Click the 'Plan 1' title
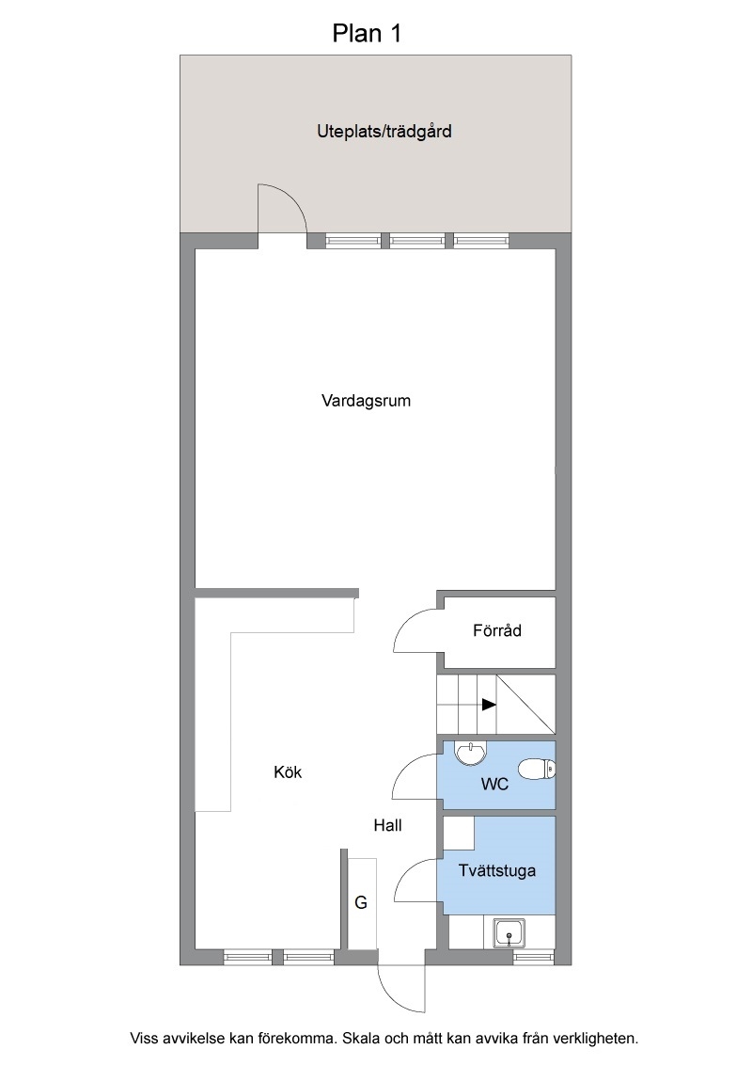(367, 33)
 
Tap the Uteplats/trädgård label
(384, 131)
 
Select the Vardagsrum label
(366, 401)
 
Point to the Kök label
(288, 772)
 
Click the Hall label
(387, 825)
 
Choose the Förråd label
(497, 630)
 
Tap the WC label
(494, 785)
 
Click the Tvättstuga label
(497, 871)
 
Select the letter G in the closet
(361, 902)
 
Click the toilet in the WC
(537, 771)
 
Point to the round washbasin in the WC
(470, 754)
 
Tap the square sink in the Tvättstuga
(509, 933)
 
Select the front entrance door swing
(400, 988)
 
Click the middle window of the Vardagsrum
(416, 241)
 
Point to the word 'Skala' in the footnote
(360, 1039)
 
